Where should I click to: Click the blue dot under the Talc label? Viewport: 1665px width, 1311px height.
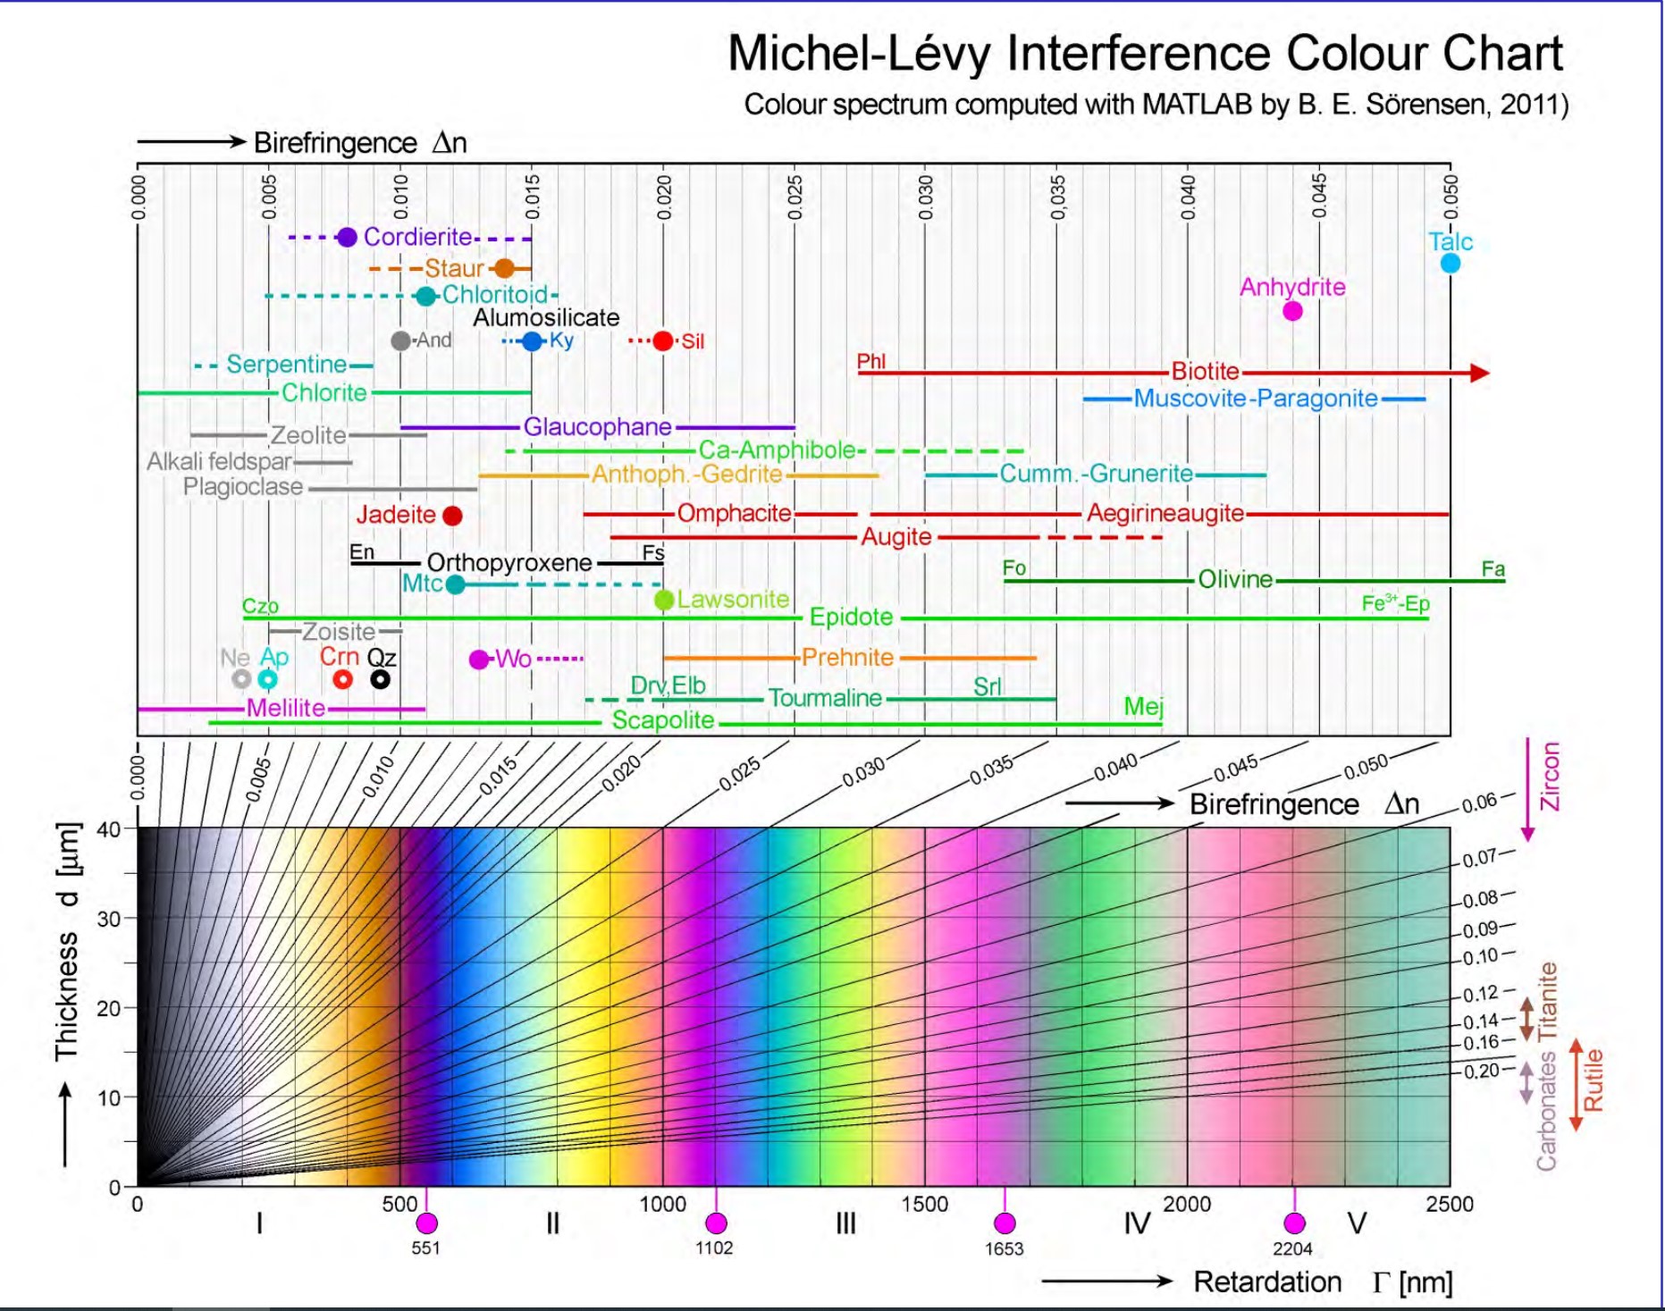click(x=1450, y=263)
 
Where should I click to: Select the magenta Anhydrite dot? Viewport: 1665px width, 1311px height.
click(x=1291, y=311)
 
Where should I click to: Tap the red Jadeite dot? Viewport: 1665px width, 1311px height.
click(x=452, y=516)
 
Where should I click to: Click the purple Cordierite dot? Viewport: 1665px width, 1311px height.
click(x=347, y=237)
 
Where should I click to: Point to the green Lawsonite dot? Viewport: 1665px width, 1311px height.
click(x=663, y=600)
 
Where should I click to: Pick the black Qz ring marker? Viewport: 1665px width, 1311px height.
click(x=380, y=679)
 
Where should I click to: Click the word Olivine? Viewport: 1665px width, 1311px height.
click(x=1234, y=579)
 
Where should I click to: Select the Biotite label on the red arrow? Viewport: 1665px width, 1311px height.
click(x=1205, y=371)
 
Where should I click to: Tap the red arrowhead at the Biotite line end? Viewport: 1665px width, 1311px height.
click(x=1479, y=373)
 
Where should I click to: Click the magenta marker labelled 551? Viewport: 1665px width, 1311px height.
click(x=426, y=1223)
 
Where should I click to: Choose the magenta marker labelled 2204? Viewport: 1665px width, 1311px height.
click(x=1293, y=1223)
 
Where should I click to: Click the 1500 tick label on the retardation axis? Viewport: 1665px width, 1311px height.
click(x=924, y=1204)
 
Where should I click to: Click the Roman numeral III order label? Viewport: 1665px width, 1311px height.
click(x=845, y=1223)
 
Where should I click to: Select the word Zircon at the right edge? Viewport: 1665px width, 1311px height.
click(x=1550, y=777)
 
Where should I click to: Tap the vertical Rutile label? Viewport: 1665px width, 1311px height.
click(x=1593, y=1080)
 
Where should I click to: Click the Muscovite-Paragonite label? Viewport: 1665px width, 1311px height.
click(x=1255, y=399)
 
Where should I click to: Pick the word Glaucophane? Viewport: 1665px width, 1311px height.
click(x=597, y=427)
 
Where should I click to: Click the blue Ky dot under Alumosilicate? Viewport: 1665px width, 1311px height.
click(x=533, y=340)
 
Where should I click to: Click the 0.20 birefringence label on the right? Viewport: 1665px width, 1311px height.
click(x=1480, y=1071)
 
